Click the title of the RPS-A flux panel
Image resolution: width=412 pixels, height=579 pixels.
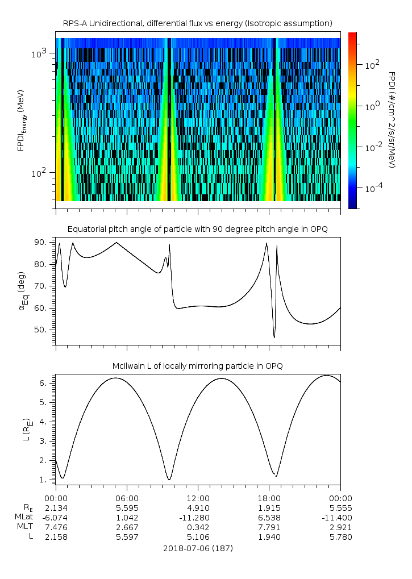click(197, 23)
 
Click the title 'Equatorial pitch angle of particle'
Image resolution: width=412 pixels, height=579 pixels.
click(197, 229)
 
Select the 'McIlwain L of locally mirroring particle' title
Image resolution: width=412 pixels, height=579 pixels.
click(197, 366)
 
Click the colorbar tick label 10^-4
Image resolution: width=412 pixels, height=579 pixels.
click(372, 188)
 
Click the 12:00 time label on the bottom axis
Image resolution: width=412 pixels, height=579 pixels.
click(198, 498)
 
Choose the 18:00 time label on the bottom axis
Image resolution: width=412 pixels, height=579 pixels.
click(269, 498)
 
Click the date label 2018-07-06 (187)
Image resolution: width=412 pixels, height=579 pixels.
click(197, 548)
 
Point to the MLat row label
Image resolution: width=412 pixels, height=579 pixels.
click(25, 517)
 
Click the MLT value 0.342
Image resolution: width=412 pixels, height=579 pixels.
click(198, 527)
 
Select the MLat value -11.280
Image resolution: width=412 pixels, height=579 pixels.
click(198, 517)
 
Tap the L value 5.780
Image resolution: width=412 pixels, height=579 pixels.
click(340, 536)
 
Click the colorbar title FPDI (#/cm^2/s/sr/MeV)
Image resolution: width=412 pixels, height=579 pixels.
click(392, 120)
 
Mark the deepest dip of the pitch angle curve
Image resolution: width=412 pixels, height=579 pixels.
click(274, 338)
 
